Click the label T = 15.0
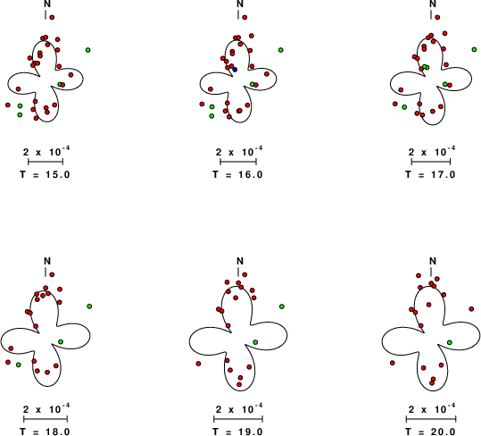click(x=46, y=174)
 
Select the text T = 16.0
click(x=237, y=174)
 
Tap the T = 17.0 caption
click(x=430, y=174)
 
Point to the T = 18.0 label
click(x=46, y=432)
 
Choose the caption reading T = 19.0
click(x=237, y=432)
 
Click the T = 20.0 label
click(x=430, y=432)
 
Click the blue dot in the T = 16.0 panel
click(x=235, y=70)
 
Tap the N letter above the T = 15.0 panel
click(x=47, y=4)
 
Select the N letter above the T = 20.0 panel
click(x=433, y=261)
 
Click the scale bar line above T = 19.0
click(x=238, y=419)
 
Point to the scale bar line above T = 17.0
click(x=431, y=162)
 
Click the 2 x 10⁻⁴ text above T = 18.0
click(x=46, y=408)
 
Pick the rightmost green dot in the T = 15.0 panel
click(x=88, y=50)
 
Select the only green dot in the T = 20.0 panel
click(x=450, y=342)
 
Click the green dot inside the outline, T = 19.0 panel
click(x=255, y=342)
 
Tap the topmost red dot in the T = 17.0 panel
click(x=437, y=18)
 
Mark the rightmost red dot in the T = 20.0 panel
click(x=471, y=309)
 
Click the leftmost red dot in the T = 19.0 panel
click(x=198, y=364)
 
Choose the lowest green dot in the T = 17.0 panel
click(x=404, y=107)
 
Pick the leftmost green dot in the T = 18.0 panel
click(x=19, y=365)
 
